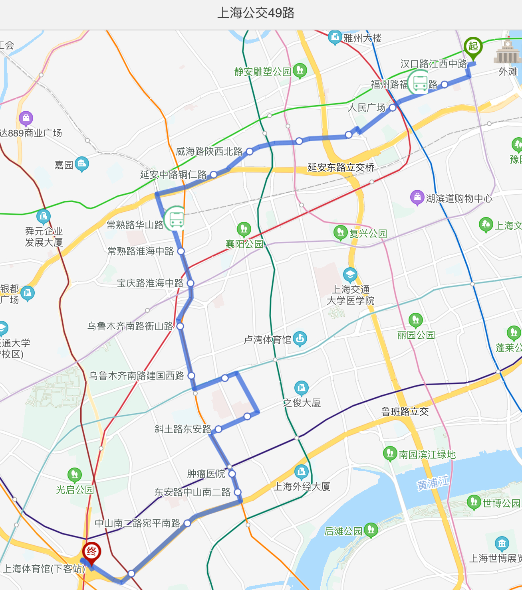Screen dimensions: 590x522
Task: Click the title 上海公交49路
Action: pyautogui.click(x=256, y=13)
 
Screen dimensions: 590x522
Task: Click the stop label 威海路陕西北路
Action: pyautogui.click(x=209, y=152)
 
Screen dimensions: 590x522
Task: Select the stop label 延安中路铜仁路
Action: pyautogui.click(x=173, y=175)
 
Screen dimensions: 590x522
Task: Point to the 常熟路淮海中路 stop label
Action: pyautogui.click(x=141, y=251)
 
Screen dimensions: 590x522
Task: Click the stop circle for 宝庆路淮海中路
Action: pyautogui.click(x=191, y=283)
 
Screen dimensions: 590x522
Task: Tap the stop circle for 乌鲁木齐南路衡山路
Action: pyautogui.click(x=180, y=326)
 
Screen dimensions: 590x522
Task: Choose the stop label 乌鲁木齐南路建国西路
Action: pyautogui.click(x=137, y=376)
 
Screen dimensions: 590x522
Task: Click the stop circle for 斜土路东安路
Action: pyautogui.click(x=218, y=429)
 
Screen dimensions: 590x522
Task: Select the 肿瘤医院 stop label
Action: pyautogui.click(x=206, y=474)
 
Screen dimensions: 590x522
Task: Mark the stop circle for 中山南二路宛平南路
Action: pyautogui.click(x=187, y=523)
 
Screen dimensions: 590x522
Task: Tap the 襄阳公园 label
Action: pyautogui.click(x=244, y=244)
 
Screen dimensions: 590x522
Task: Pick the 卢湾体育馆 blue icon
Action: pyautogui.click(x=300, y=339)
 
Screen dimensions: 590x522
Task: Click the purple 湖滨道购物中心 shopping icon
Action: pyautogui.click(x=417, y=197)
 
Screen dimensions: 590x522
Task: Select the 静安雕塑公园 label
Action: pyautogui.click(x=262, y=72)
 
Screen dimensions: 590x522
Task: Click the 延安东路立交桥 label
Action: pyautogui.click(x=341, y=168)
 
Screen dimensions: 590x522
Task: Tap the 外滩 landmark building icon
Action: pyautogui.click(x=508, y=52)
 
